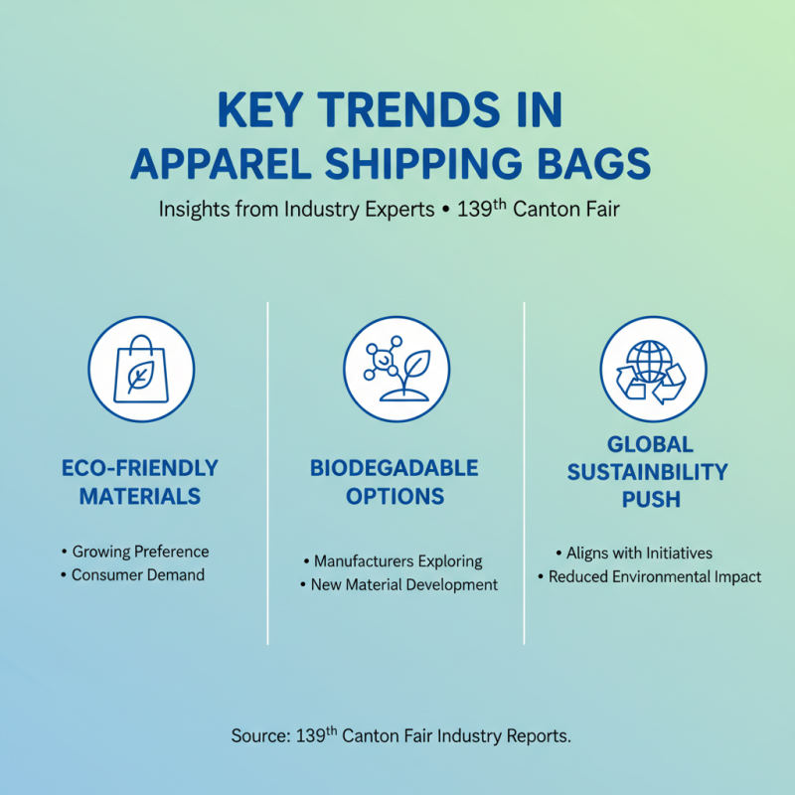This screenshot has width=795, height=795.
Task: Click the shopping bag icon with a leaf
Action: (141, 370)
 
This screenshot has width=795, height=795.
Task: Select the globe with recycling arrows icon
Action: (653, 370)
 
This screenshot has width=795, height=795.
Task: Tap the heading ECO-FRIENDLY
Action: (140, 468)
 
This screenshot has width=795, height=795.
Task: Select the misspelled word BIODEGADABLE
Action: (395, 468)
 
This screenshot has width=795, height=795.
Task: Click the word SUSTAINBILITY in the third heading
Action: (647, 471)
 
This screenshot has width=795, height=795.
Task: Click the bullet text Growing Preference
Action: (140, 552)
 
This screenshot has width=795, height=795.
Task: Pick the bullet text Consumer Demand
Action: (137, 574)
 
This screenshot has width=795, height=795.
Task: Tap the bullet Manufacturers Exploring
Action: (397, 561)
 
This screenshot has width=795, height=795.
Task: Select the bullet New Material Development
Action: (403, 585)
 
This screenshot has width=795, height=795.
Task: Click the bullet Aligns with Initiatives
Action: (639, 554)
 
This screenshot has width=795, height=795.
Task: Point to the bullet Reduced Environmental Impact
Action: (655, 576)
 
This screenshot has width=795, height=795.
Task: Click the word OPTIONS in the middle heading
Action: (395, 496)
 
